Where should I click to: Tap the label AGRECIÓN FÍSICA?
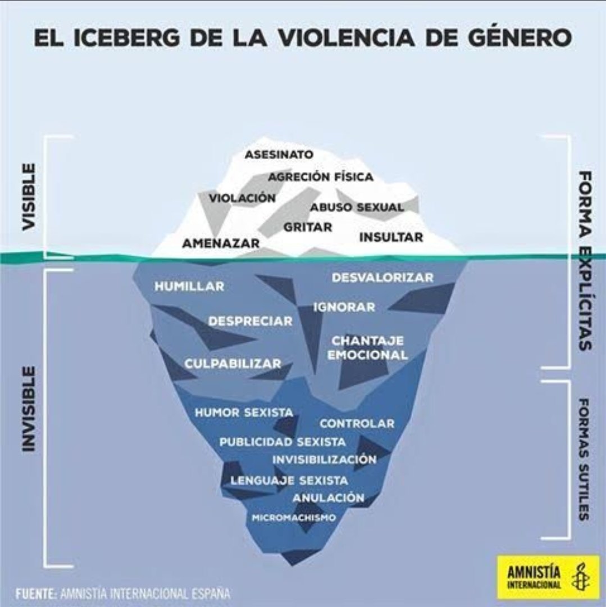pyautogui.click(x=320, y=177)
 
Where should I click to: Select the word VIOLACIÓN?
pyautogui.click(x=242, y=198)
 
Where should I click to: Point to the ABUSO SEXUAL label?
pyautogui.click(x=357, y=207)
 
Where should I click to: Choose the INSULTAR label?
pyautogui.click(x=391, y=237)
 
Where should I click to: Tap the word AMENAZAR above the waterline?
pyautogui.click(x=221, y=243)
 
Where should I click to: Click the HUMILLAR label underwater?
pyautogui.click(x=189, y=286)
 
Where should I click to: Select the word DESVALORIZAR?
pyautogui.click(x=382, y=278)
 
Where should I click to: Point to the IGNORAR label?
pyautogui.click(x=344, y=307)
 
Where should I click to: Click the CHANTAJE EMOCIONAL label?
pyautogui.click(x=367, y=348)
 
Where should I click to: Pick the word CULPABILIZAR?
pyautogui.click(x=233, y=364)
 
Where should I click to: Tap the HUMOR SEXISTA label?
pyautogui.click(x=244, y=413)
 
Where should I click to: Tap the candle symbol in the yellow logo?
pyautogui.click(x=577, y=578)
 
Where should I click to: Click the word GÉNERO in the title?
pyautogui.click(x=517, y=38)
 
